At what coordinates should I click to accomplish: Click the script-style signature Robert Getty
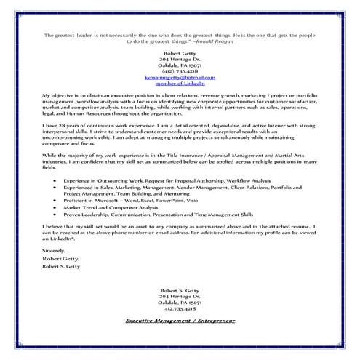63,258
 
